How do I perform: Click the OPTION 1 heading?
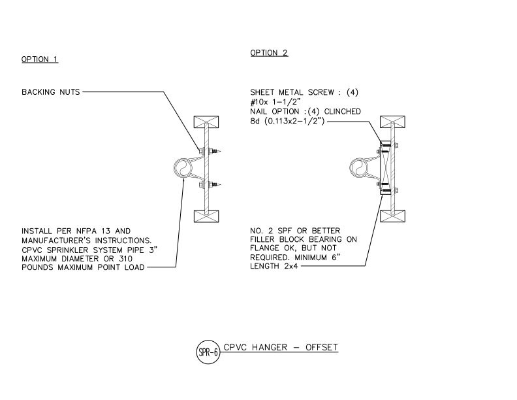coord(40,59)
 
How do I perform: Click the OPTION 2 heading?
coord(269,53)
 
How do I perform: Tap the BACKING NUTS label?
coord(51,92)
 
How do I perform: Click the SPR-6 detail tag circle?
coord(208,352)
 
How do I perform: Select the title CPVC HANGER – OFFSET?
coord(281,347)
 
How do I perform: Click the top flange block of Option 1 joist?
coord(206,122)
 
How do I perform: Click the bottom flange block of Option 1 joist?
coord(206,216)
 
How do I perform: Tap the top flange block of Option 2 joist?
coord(393,122)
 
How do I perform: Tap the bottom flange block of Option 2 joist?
coord(393,216)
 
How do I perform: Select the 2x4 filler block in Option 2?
coord(385,168)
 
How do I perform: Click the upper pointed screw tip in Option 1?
coord(220,152)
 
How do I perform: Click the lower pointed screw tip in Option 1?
coord(220,185)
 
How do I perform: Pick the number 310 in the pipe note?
coord(125,259)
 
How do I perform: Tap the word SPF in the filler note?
coord(285,231)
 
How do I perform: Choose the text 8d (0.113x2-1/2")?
coord(287,121)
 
